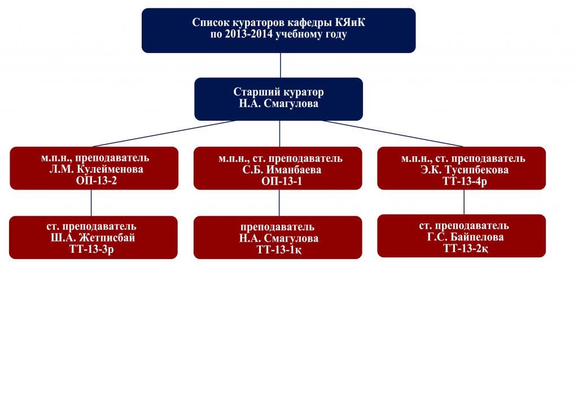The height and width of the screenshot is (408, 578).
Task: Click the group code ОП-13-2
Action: pyautogui.click(x=94, y=180)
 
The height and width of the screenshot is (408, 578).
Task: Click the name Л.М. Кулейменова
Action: pyautogui.click(x=94, y=169)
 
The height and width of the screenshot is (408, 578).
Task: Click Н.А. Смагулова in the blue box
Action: pyautogui.click(x=279, y=104)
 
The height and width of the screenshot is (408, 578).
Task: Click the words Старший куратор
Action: pyautogui.click(x=279, y=93)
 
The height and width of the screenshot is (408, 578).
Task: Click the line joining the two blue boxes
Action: pyautogui.click(x=280, y=65)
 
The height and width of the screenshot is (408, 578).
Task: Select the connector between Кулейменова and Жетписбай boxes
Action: pyautogui.click(x=91, y=202)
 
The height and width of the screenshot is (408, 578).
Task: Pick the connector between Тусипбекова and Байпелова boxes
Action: pyautogui.click(x=464, y=201)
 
